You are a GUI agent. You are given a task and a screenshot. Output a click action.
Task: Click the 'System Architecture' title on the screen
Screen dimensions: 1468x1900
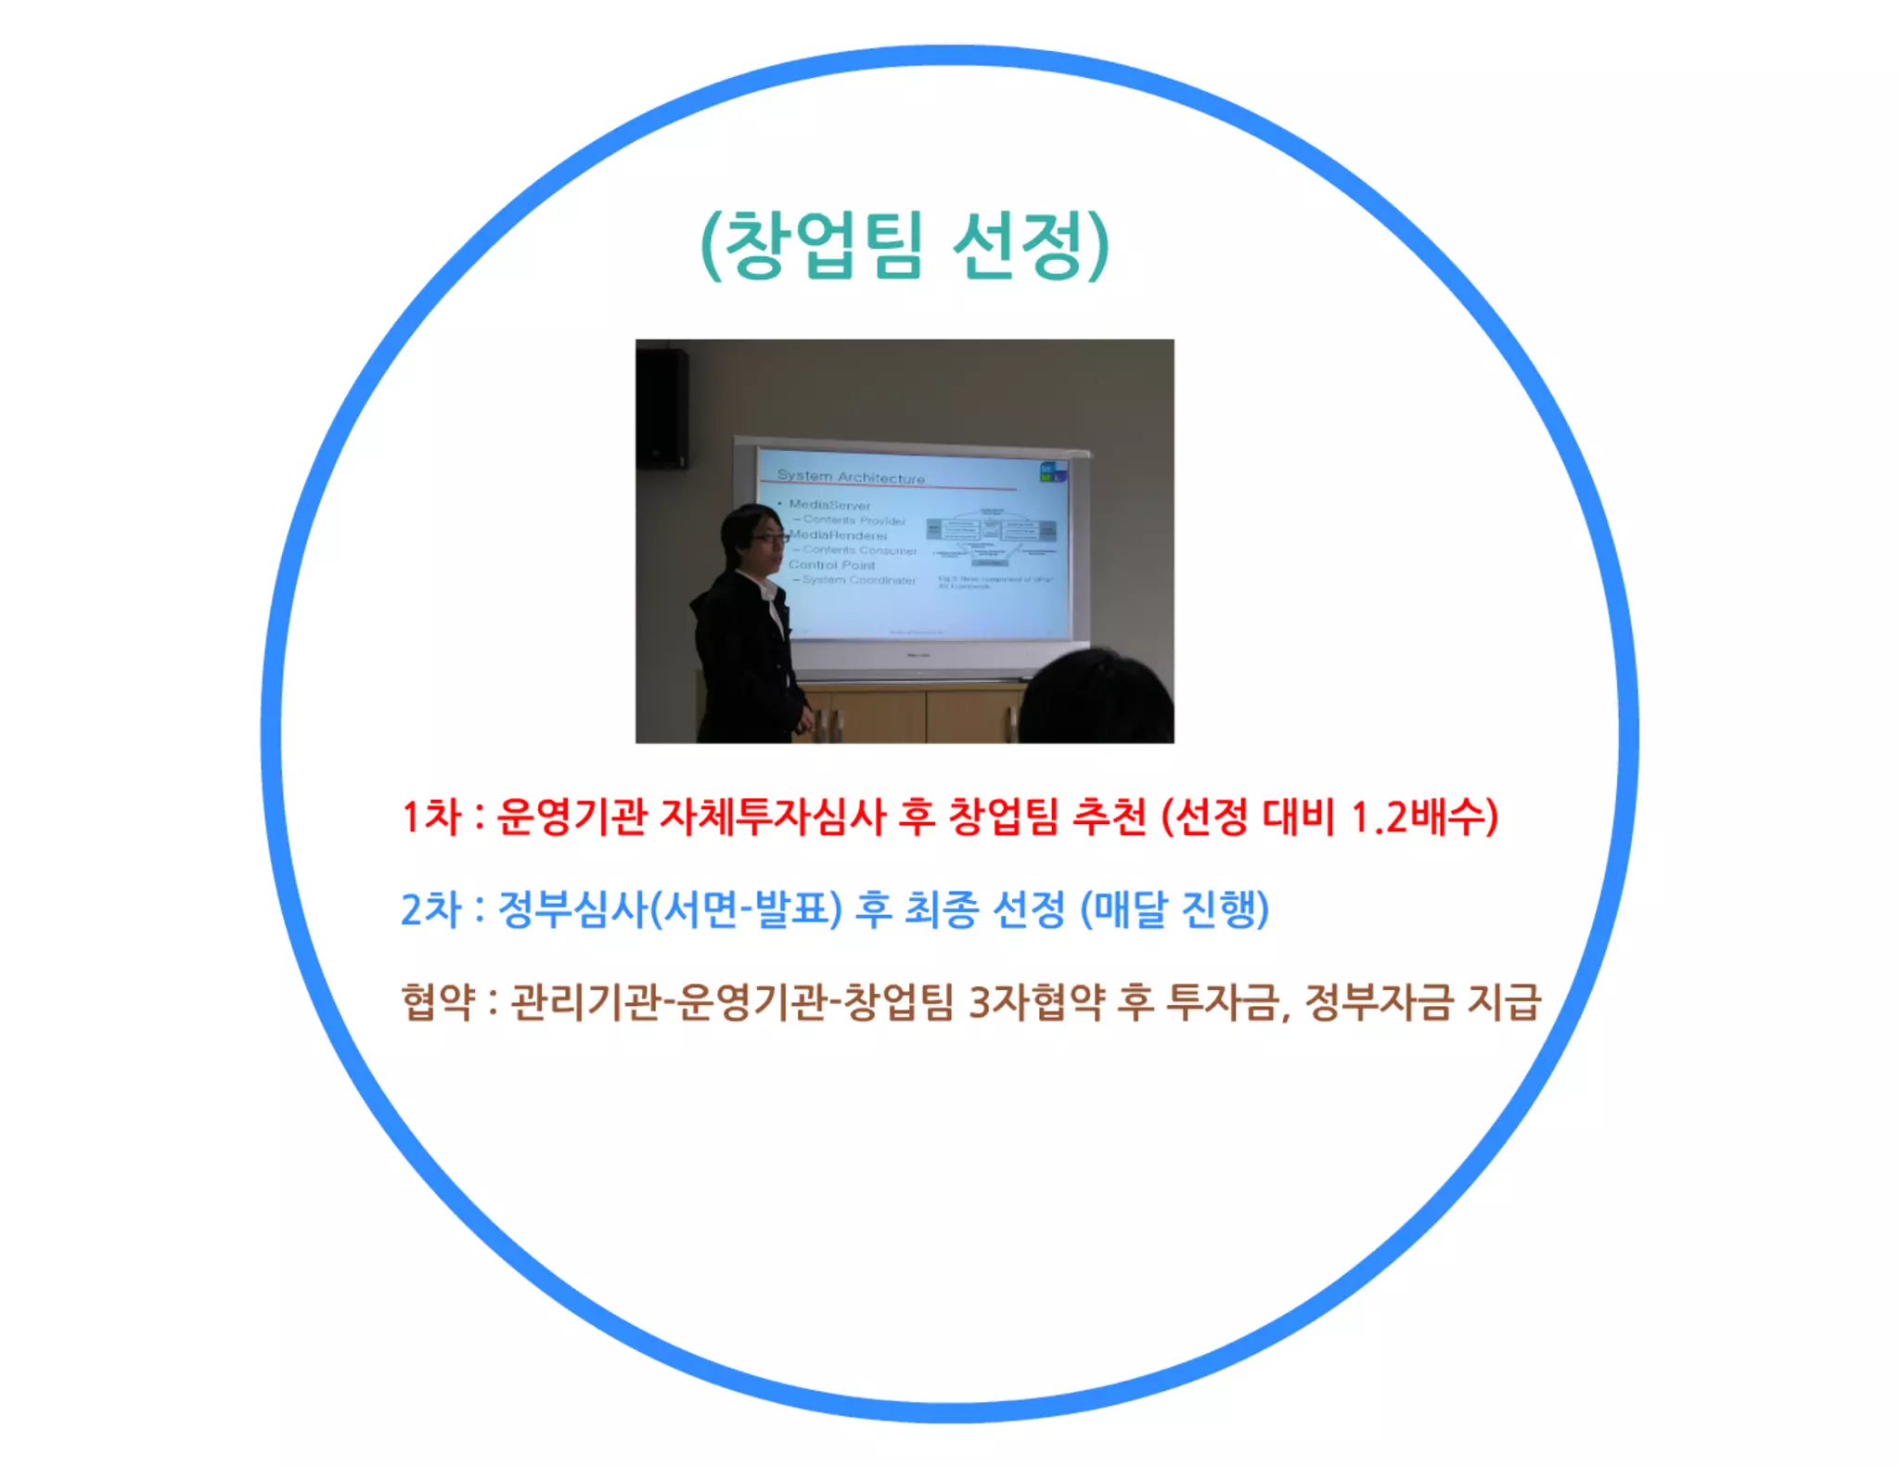point(851,477)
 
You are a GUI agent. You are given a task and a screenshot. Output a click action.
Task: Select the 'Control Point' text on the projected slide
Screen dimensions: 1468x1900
point(832,564)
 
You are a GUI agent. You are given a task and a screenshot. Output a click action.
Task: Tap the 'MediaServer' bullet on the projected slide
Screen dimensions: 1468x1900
point(829,506)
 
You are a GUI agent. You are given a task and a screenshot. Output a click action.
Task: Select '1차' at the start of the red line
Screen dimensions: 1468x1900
point(430,818)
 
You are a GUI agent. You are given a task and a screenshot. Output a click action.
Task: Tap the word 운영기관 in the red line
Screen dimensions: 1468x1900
point(571,818)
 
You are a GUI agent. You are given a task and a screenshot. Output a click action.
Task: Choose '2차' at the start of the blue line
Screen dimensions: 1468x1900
point(430,909)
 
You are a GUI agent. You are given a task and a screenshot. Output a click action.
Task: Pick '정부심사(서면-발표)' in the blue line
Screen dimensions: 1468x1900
point(670,909)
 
